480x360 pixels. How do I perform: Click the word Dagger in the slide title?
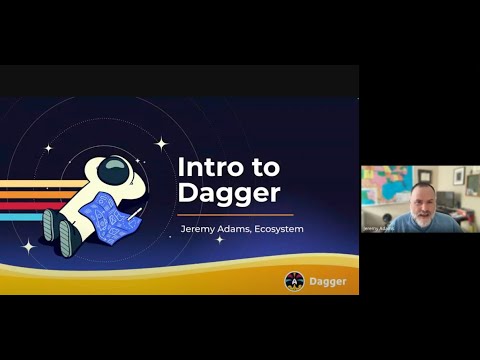pyautogui.click(x=228, y=192)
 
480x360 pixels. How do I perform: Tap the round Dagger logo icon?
pyautogui.click(x=294, y=282)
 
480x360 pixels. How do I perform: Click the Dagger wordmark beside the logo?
pyautogui.click(x=327, y=282)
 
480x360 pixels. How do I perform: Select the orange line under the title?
pyautogui.click(x=235, y=214)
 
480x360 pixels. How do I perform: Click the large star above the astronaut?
pyautogui.click(x=160, y=144)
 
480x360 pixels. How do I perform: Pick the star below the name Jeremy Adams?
pyautogui.click(x=219, y=240)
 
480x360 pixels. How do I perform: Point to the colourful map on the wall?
pyautogui.click(x=383, y=183)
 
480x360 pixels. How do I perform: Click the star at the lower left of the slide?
pyautogui.click(x=28, y=246)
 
